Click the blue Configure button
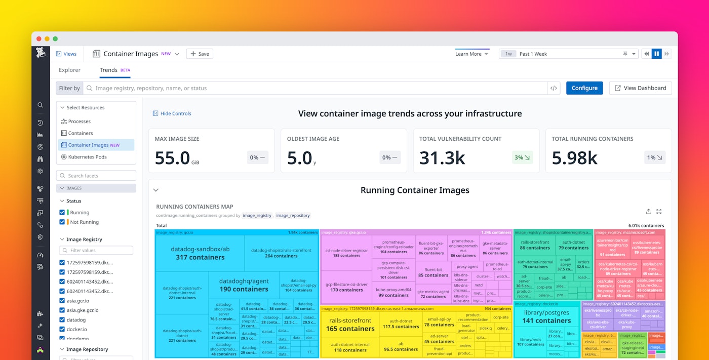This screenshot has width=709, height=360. (584, 88)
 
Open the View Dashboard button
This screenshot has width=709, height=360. (640, 88)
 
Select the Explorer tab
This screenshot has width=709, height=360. (69, 70)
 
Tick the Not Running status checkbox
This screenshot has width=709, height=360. (62, 222)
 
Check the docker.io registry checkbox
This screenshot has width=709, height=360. (62, 329)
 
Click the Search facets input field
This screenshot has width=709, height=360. (96, 176)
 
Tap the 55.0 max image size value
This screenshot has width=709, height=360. (172, 158)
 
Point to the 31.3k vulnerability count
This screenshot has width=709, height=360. (442, 158)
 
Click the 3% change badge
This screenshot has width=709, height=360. (522, 157)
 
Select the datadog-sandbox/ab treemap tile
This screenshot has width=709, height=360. (200, 253)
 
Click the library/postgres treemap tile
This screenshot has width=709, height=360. (546, 316)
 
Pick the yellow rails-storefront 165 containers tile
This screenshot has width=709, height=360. (350, 325)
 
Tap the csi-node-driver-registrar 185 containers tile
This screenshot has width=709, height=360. (346, 253)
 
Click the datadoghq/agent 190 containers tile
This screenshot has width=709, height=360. (244, 285)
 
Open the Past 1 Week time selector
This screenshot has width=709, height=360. (568, 54)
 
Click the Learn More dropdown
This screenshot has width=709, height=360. (471, 54)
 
